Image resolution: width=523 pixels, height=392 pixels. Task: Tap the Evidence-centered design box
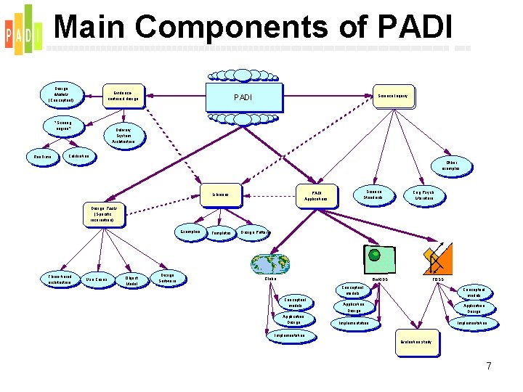click(x=121, y=94)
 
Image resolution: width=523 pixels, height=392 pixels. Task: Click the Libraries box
click(x=221, y=195)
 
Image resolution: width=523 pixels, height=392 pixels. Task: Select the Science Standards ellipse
click(x=373, y=194)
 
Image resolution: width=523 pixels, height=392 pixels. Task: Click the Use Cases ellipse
click(x=96, y=279)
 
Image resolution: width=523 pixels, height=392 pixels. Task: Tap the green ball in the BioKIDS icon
click(x=375, y=254)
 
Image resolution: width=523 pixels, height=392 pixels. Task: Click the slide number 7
click(x=488, y=366)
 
